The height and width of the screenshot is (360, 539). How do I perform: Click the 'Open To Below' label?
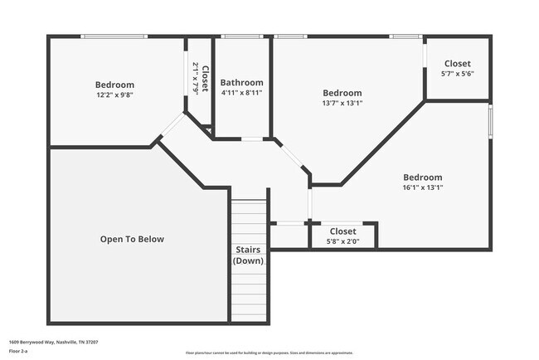point(132,239)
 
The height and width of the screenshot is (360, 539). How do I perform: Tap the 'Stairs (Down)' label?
point(248,255)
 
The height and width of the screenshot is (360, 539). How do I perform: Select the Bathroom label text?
point(242,82)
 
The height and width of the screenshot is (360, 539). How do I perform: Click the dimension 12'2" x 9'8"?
point(114,95)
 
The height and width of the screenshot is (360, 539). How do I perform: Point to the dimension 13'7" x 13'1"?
point(342,103)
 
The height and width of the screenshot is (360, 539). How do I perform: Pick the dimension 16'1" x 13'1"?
point(422,187)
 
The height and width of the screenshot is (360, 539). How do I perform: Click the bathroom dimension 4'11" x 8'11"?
point(242,92)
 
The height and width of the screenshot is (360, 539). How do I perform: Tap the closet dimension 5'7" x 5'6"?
point(457,74)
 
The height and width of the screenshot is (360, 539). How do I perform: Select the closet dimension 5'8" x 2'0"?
point(342,241)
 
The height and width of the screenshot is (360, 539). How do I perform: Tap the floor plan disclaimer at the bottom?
point(269,353)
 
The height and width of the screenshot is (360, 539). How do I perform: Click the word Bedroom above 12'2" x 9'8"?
point(114,85)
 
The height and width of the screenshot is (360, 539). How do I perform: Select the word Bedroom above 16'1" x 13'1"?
point(422,177)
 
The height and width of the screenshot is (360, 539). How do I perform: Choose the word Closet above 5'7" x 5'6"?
point(457,64)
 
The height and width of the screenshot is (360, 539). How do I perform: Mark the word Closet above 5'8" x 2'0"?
point(342,231)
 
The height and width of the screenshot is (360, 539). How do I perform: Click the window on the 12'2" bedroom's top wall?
point(114,36)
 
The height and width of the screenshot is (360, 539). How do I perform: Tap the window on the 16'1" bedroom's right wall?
point(490,121)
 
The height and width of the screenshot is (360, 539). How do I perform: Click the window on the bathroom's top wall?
point(242,36)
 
